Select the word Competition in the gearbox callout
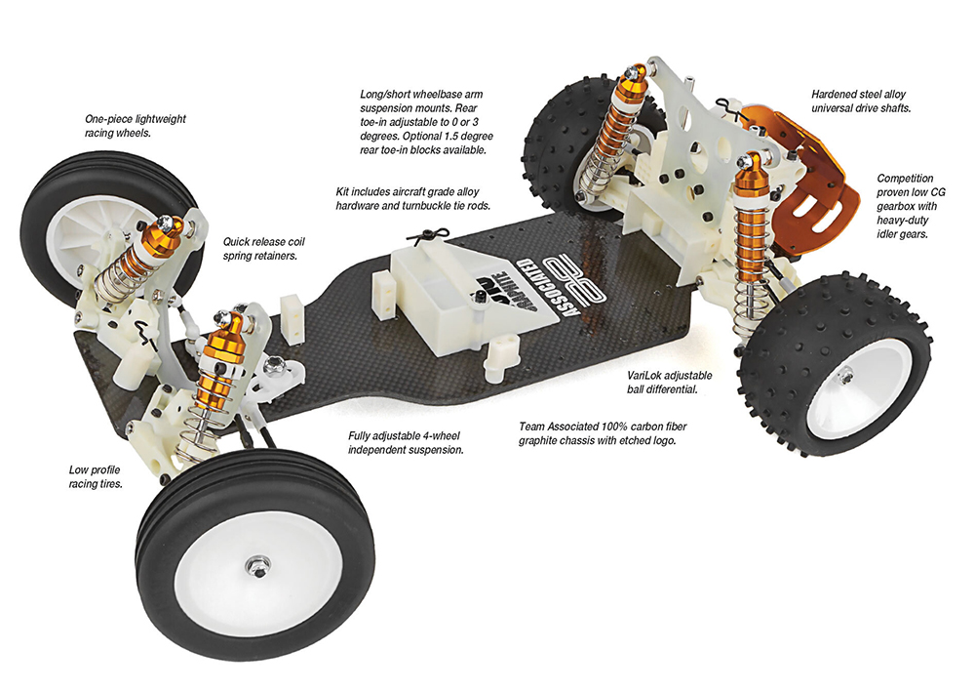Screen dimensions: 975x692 pos(906,178)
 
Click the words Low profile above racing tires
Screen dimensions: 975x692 pos(95,469)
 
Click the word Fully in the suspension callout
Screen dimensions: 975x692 pos(361,435)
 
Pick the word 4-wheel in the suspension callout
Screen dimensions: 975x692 pos(441,435)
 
